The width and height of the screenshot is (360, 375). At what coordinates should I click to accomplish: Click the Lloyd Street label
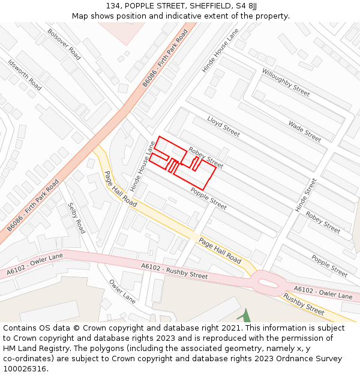click(x=223, y=126)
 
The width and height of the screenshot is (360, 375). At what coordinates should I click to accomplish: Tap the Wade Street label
click(x=304, y=131)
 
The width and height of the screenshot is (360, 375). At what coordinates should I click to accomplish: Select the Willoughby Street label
click(x=286, y=82)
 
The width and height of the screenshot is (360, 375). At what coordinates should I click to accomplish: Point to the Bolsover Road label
click(x=64, y=44)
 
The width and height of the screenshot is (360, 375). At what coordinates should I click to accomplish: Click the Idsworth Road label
click(x=25, y=74)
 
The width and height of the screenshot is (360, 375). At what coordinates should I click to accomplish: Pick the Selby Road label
click(x=76, y=218)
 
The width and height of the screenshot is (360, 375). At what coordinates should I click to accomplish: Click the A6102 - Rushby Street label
click(x=174, y=271)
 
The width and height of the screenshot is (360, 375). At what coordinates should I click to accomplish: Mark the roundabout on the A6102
click(x=264, y=282)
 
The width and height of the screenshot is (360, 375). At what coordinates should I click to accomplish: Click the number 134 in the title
click(x=113, y=6)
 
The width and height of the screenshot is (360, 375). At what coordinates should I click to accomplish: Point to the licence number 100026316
click(x=24, y=368)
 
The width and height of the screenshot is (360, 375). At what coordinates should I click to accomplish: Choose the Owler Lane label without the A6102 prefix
click(x=122, y=291)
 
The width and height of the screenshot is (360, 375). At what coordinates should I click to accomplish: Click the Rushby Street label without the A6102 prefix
click(x=303, y=304)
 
